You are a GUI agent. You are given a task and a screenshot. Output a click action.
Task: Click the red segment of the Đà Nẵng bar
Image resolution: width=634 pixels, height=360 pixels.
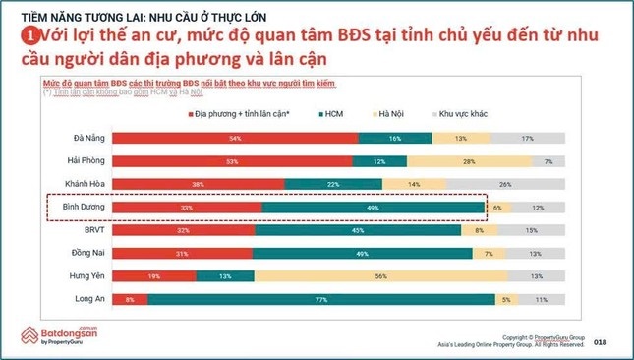(233, 139)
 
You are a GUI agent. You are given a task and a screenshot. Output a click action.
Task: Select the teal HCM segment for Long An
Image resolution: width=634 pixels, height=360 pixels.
(319, 299)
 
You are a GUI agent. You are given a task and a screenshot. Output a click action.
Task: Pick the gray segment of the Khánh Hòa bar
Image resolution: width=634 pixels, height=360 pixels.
(505, 184)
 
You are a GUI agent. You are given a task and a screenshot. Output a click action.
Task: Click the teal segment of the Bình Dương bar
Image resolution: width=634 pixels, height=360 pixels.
(374, 208)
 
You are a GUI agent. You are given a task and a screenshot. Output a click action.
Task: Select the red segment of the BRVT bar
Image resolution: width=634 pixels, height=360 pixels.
(183, 230)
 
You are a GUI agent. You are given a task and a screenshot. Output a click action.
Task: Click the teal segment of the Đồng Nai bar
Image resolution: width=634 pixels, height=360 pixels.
(362, 254)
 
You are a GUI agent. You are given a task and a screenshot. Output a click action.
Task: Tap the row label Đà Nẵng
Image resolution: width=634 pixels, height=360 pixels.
(86, 139)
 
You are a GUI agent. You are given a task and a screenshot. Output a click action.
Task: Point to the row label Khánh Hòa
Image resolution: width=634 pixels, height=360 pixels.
(83, 184)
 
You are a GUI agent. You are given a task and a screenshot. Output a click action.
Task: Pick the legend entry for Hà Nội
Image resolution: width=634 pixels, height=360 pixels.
(392, 114)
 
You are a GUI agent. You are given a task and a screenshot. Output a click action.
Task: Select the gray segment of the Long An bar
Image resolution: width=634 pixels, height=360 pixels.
(541, 299)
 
